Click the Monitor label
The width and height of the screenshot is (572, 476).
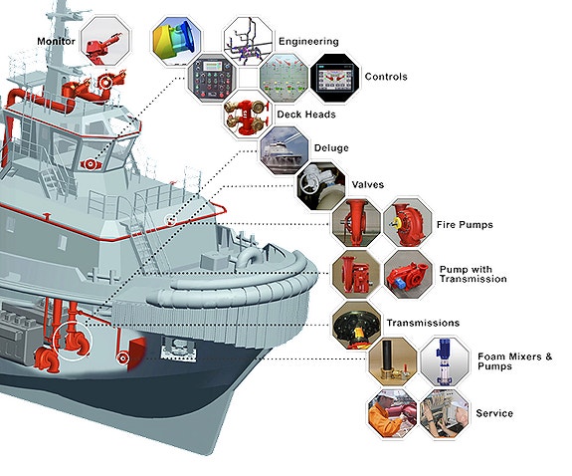pos(56,41)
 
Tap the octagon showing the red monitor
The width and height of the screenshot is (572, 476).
pos(105,41)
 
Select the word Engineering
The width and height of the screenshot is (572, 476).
pos(308,41)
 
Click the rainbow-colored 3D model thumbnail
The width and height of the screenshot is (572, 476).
pos(176,41)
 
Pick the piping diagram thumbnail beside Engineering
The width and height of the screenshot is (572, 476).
pos(248,41)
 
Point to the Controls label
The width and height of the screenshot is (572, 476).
pos(386,77)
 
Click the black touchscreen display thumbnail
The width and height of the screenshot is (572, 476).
pos(335,78)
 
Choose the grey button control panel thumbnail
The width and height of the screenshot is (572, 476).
pos(212,78)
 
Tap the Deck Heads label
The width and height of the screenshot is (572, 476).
pos(306,115)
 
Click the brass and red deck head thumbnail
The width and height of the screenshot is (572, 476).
pos(248,115)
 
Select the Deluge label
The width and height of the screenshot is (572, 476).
pos(331,148)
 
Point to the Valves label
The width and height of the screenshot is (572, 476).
pos(368,184)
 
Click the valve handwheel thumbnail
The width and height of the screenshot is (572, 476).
pos(321,186)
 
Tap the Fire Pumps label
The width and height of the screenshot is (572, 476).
pos(465,225)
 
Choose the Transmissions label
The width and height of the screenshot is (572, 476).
pos(423,323)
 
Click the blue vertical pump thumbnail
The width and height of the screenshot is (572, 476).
pos(445,361)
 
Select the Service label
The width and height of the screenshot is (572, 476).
pos(494,413)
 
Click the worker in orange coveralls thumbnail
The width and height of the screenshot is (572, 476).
pos(393,413)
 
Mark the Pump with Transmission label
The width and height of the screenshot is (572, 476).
pos(473,274)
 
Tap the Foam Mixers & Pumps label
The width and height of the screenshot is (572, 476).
pos(514,361)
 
